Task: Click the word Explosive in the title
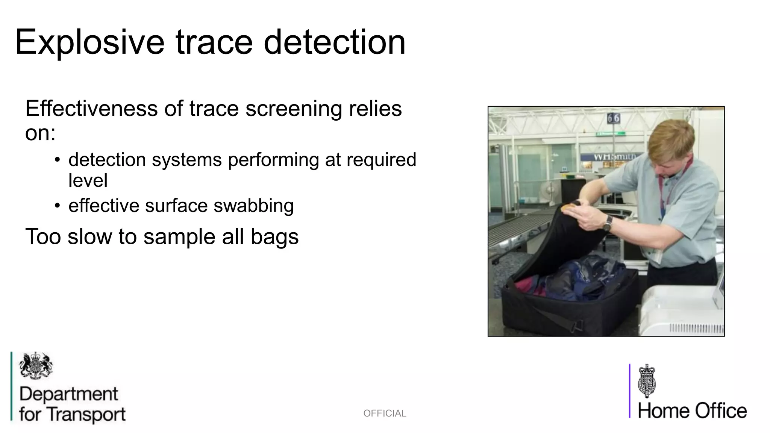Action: [89, 42]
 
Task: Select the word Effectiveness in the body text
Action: [92, 109]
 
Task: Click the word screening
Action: [294, 109]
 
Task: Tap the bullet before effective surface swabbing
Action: [57, 206]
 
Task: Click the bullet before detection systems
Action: [57, 160]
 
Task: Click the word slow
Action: [90, 237]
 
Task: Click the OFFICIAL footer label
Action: [385, 413]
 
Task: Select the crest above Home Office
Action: [647, 381]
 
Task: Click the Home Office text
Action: [692, 411]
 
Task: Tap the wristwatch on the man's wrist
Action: [607, 223]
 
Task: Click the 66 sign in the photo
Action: [613, 119]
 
